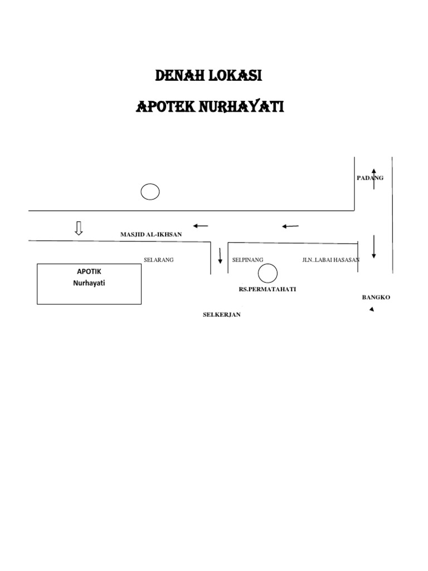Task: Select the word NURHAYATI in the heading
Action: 242,107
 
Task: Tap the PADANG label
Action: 370,178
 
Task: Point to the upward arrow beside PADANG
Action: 374,178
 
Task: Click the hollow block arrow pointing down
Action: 79,228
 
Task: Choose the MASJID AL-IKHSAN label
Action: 151,235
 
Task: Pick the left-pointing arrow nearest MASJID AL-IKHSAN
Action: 200,226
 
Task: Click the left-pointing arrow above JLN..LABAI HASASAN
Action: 290,226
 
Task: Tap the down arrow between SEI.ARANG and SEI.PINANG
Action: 220,254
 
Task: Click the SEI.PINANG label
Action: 247,260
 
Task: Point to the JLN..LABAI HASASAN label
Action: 331,260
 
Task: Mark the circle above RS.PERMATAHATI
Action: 268,274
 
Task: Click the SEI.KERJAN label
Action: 221,315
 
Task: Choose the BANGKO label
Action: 376,297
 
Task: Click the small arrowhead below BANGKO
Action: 372,309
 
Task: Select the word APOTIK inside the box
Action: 89,272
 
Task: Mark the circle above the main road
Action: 150,192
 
